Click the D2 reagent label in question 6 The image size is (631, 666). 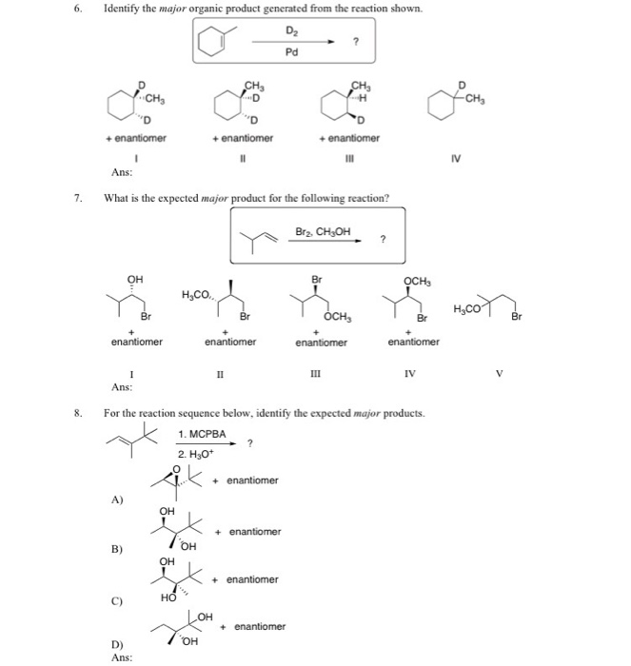coord(291,31)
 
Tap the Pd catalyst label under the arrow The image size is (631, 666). coord(291,52)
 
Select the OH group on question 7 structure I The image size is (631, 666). coord(135,279)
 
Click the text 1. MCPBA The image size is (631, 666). coord(199,434)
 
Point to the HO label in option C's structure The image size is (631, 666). coord(168,597)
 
